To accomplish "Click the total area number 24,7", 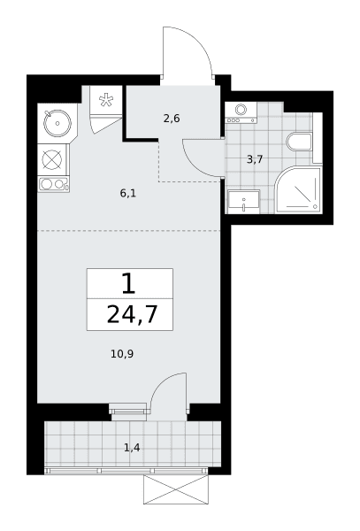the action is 133,314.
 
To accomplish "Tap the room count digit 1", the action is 128,283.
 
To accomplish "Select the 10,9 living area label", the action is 122,354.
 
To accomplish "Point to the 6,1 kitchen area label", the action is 128,194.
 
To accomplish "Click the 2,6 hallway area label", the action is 172,119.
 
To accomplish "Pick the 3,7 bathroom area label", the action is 255,159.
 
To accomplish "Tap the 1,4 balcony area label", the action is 132,448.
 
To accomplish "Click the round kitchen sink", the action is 57,123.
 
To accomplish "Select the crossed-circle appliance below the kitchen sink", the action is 52,159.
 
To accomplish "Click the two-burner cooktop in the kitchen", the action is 53,185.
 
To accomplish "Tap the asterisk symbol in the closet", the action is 105,100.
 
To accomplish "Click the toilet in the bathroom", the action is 300,142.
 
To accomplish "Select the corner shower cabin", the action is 298,190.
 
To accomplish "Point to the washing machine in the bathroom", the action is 241,112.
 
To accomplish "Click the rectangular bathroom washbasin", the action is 244,202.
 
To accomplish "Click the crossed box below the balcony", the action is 176,489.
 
